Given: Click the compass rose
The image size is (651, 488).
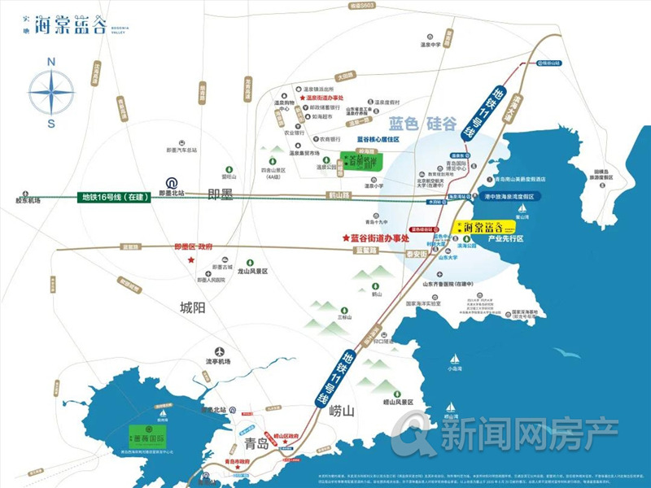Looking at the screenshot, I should click(x=51, y=91).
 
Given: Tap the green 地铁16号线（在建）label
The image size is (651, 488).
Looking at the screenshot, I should click(x=116, y=197).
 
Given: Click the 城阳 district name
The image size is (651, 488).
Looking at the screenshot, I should click(x=196, y=307).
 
